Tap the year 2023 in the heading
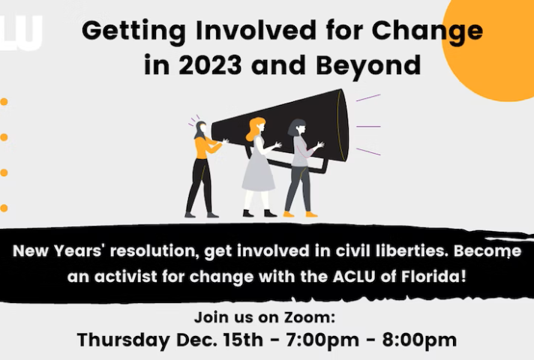pyautogui.click(x=210, y=64)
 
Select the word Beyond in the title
pyautogui.click(x=368, y=65)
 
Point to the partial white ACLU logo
pyautogui.click(x=21, y=33)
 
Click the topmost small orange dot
pyautogui.click(x=4, y=102)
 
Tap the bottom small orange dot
pyautogui.click(x=4, y=208)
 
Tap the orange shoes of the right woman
pyautogui.click(x=300, y=214)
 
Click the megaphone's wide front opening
pyautogui.click(x=342, y=125)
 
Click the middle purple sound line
pyautogui.click(x=368, y=126)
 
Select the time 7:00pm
pyautogui.click(x=322, y=340)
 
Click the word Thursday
pyautogui.click(x=123, y=340)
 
